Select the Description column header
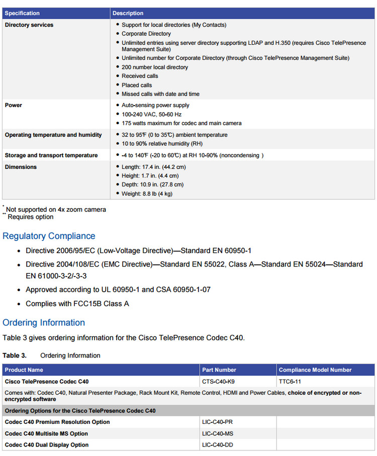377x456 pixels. tap(128, 13)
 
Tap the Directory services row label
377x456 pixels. tap(29, 25)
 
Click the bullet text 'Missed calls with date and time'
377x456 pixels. tap(160, 94)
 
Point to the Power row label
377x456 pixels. tap(14, 106)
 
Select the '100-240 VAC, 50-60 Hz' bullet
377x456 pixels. tap(152, 115)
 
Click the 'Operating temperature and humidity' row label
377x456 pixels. tap(53, 135)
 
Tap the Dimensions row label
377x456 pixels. tap(21, 167)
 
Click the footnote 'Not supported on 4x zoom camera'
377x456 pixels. tap(56, 210)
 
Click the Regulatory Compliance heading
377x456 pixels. tap(49, 236)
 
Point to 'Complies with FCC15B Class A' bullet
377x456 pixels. tap(77, 304)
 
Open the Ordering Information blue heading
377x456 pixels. tap(44, 322)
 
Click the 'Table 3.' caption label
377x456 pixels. tap(15, 355)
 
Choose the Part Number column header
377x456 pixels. tap(219, 370)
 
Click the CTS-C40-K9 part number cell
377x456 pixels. tap(218, 382)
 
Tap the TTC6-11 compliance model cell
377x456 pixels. tap(290, 382)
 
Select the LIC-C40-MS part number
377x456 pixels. tap(218, 434)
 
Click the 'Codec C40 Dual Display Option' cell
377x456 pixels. tap(47, 445)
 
